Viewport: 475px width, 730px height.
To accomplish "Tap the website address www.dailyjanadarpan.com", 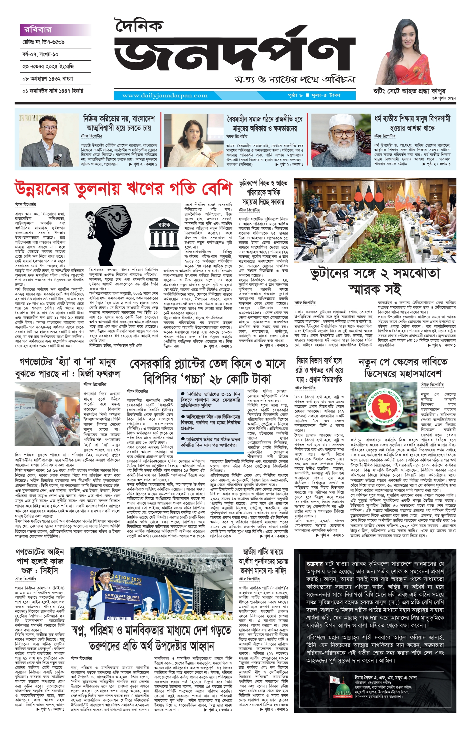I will [165, 95].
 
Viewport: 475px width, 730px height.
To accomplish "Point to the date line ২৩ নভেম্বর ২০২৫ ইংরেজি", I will [48, 66].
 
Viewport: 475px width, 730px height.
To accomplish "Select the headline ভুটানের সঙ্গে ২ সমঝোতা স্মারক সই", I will [375, 280].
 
